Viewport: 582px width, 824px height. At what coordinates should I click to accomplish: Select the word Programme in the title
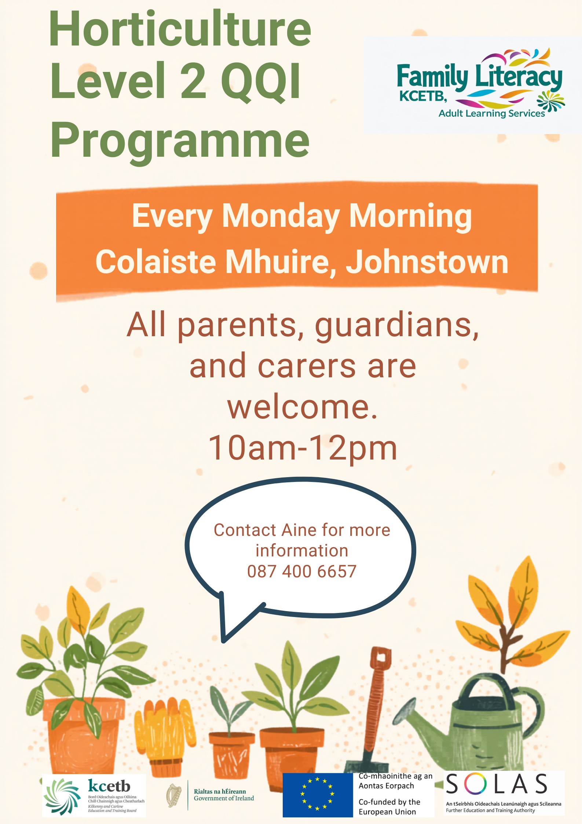pos(180,141)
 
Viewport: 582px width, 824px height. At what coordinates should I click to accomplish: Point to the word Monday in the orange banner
pos(281,217)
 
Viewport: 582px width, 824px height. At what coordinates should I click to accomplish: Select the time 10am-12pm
pos(303,448)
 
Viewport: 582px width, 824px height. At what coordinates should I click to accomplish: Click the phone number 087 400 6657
pos(302,571)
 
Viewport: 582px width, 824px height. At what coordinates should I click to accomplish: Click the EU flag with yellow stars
pos(318,795)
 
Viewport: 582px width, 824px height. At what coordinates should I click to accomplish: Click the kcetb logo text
pos(109,786)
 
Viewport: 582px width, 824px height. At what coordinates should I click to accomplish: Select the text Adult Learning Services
pos(491,113)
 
